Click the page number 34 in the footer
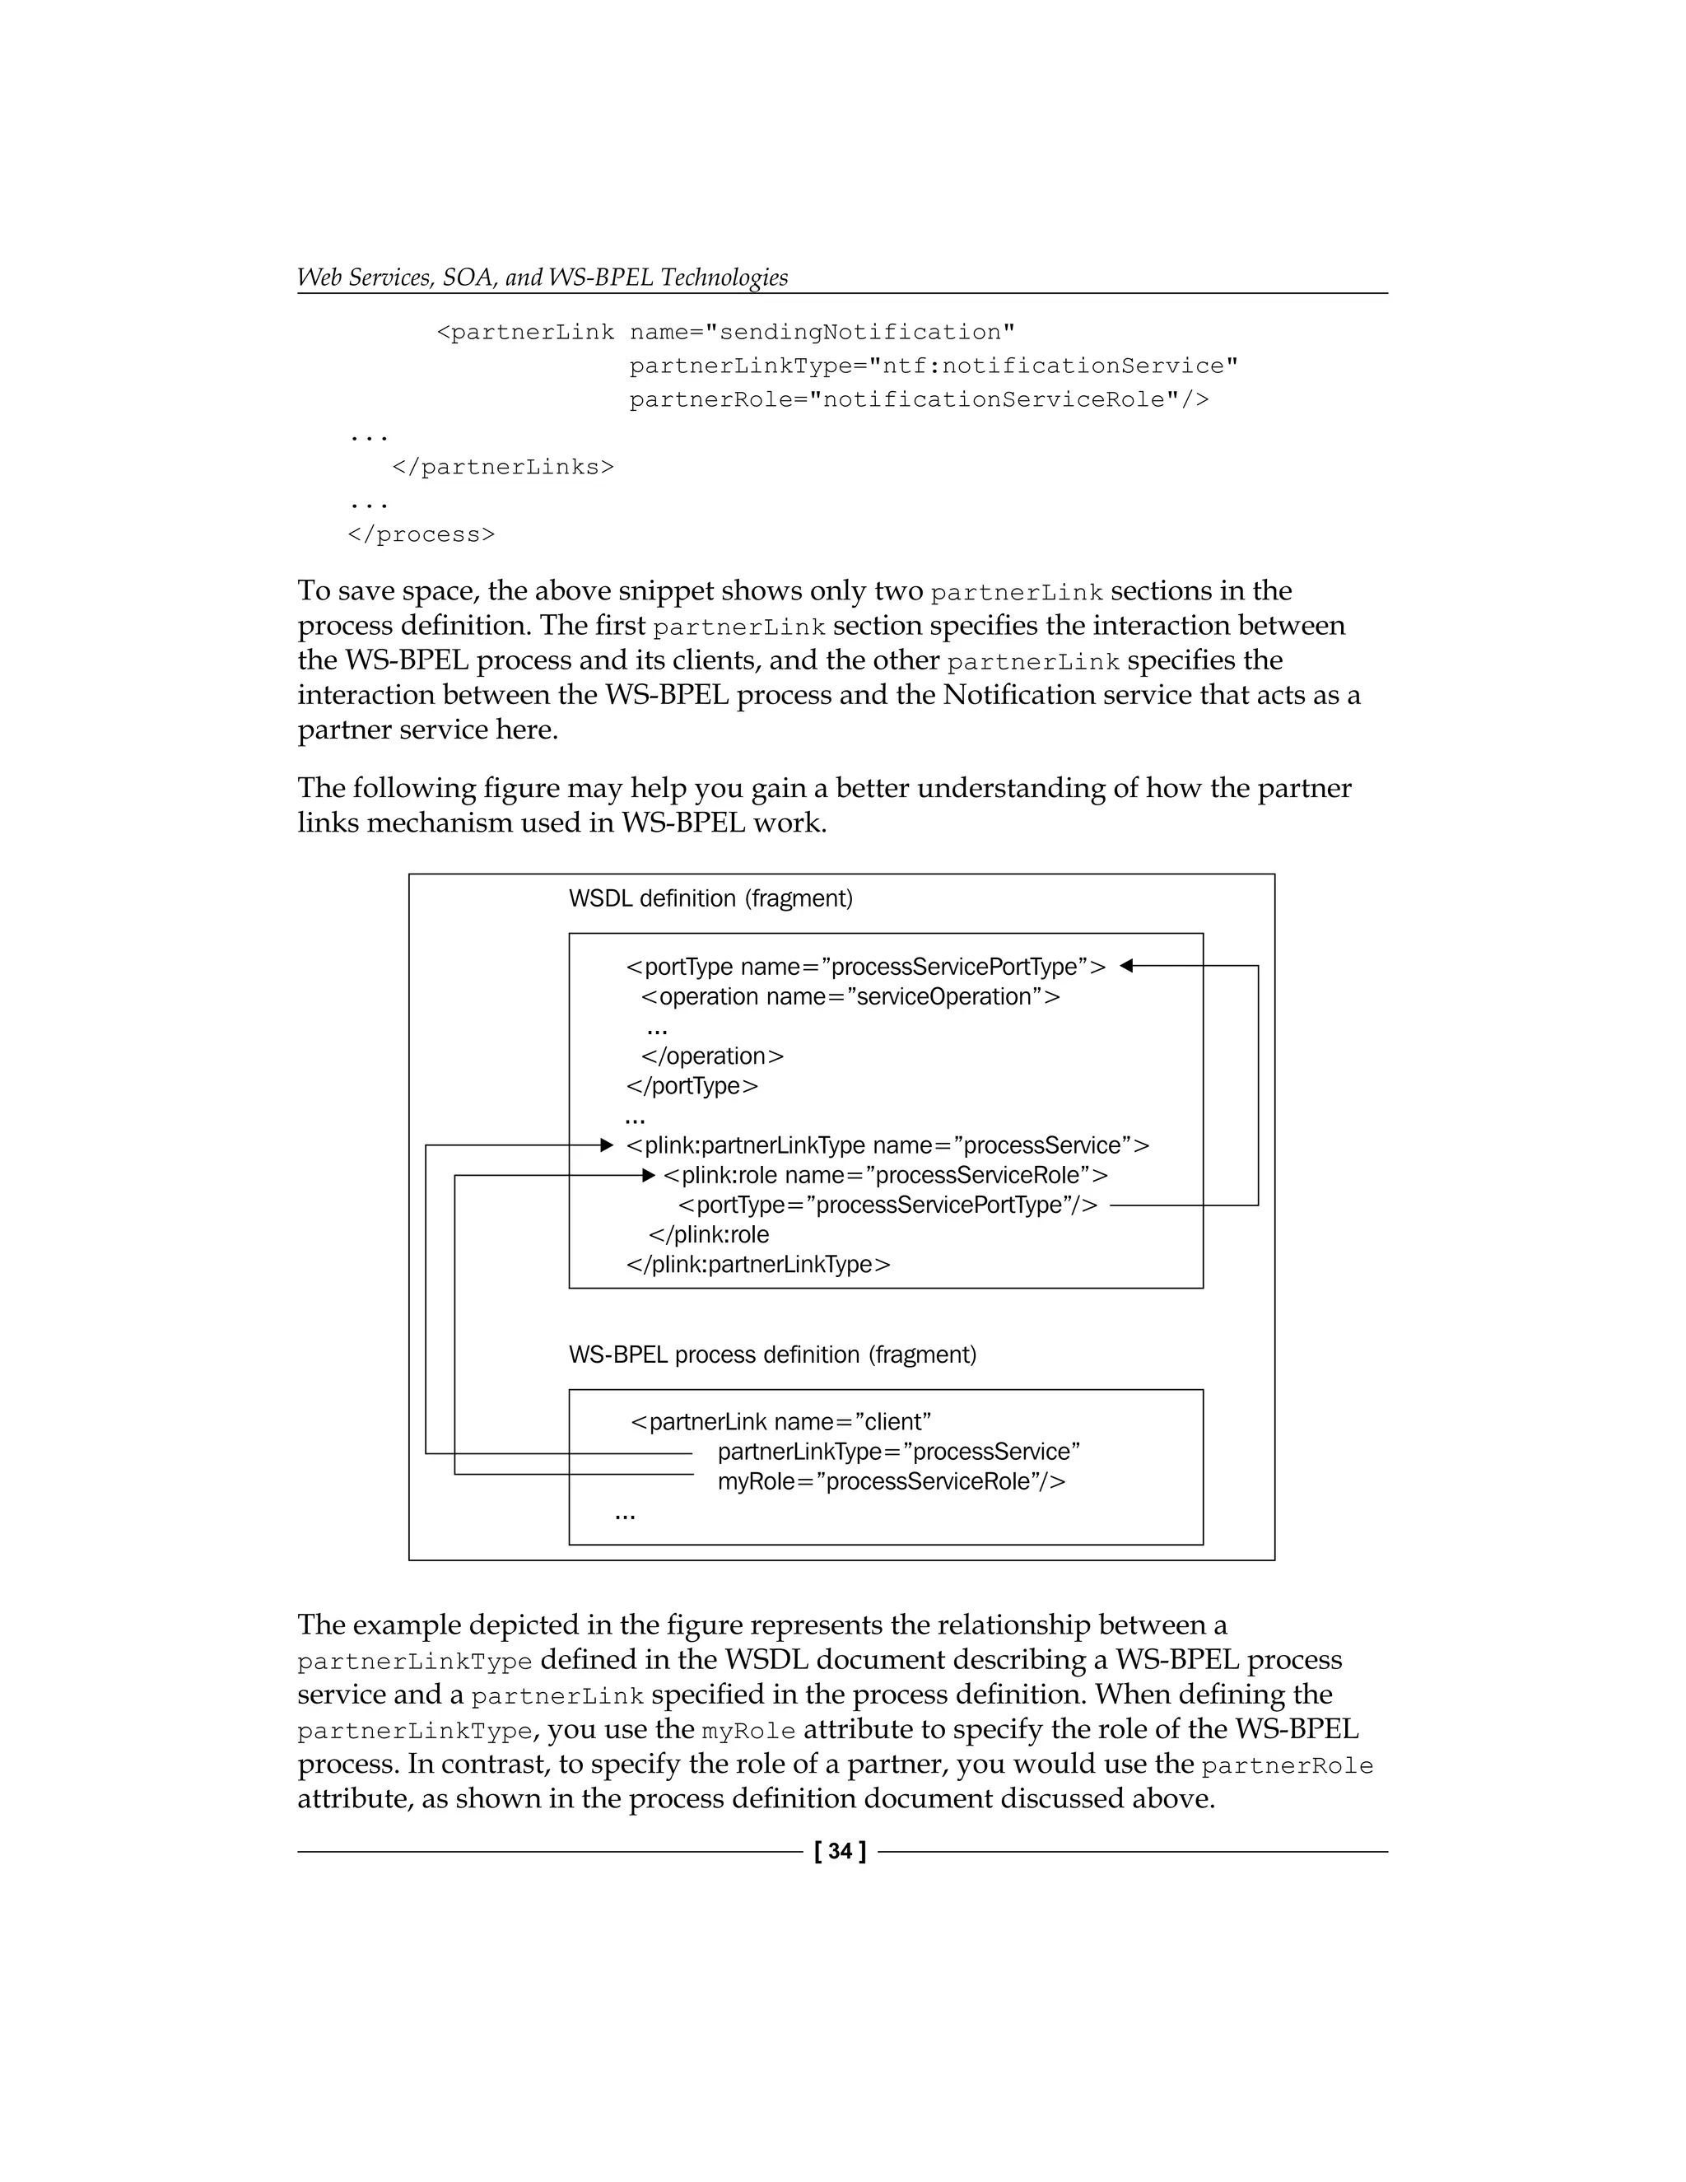840,1851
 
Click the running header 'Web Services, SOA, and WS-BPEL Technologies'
543,277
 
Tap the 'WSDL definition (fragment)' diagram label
710,898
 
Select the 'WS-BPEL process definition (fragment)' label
772,1354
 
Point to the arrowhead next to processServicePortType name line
1127,966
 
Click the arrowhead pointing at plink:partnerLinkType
606,1145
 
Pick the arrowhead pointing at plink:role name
648,1175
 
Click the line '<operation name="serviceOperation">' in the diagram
850,997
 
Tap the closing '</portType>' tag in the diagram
692,1086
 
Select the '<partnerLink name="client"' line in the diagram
781,1422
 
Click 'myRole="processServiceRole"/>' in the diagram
891,1481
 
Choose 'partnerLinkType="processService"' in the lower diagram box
899,1452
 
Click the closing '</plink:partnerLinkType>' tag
758,1265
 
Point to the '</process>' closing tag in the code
421,534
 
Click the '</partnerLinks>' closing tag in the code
502,468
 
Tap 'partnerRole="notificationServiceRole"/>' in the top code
919,399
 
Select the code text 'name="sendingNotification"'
822,333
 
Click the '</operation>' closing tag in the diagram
712,1056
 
